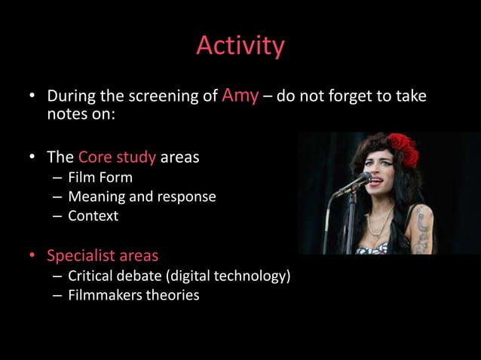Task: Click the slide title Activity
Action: point(240,47)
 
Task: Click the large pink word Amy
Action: point(241,96)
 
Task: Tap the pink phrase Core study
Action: point(117,158)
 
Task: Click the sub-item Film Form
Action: point(100,178)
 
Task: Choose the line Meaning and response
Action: point(142,197)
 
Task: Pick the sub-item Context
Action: point(93,216)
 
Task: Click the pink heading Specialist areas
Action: point(103,256)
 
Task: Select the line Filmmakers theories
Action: point(133,295)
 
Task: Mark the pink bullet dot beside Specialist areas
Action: point(32,257)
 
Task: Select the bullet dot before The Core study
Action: point(32,159)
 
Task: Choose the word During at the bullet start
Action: point(70,98)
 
